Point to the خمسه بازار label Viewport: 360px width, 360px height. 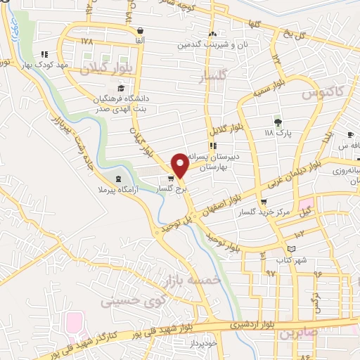tap(192, 281)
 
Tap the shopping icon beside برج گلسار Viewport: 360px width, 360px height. tap(171, 179)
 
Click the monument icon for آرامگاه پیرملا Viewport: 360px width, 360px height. tap(117, 179)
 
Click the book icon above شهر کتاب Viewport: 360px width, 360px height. tap(291, 249)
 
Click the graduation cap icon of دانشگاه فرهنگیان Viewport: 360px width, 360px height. tap(120, 89)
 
